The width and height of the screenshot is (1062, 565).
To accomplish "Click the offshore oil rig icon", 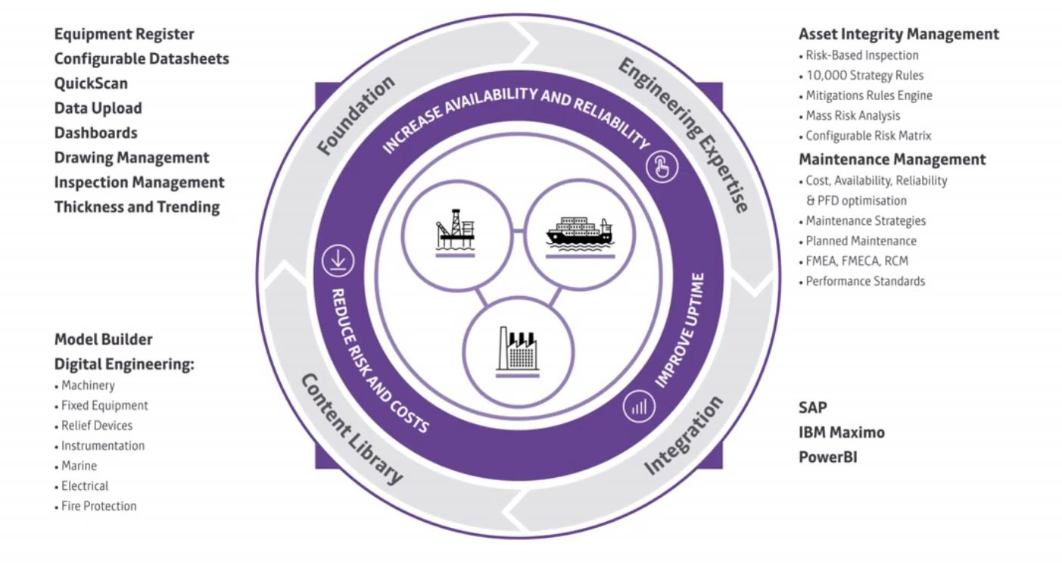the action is (455, 233).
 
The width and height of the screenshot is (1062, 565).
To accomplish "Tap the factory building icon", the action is (517, 351).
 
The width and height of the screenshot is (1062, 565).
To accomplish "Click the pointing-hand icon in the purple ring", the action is (662, 167).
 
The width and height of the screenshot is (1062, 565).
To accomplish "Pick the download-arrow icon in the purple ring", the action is (338, 261).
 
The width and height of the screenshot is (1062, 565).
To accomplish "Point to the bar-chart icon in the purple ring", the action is (639, 407).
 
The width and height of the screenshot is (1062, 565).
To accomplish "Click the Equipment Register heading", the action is (124, 34).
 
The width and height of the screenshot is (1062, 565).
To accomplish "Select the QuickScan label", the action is (91, 83).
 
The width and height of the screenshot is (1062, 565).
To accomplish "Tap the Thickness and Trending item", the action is (137, 208).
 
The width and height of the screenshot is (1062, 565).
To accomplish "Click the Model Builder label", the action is (104, 339).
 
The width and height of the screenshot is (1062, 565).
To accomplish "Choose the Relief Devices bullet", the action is (94, 426).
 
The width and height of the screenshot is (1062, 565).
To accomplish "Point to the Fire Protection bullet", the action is (96, 506).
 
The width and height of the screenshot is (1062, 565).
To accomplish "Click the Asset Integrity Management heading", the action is (899, 34).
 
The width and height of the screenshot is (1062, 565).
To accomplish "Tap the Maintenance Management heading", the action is (892, 159).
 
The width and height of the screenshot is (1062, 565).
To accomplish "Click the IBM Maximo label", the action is (842, 432).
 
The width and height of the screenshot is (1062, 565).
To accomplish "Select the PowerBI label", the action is (828, 457).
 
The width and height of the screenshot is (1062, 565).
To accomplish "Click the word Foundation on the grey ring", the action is (356, 115).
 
